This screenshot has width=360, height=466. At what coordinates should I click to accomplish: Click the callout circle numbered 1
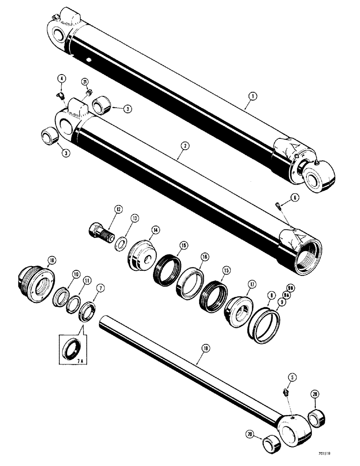point(251,97)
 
